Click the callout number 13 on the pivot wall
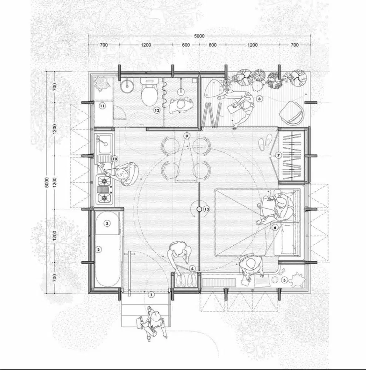[x=206, y=209]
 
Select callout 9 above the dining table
[x=187, y=136]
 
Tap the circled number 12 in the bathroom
[x=157, y=110]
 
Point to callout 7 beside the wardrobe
[x=279, y=155]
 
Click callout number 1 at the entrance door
[x=151, y=295]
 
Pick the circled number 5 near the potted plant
[x=284, y=280]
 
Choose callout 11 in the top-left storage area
[x=103, y=106]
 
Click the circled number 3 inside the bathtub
[x=107, y=223]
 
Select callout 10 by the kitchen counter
[x=114, y=159]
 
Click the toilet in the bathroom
[x=150, y=92]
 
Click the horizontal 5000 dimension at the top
[x=199, y=36]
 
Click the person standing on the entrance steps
[x=155, y=322]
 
